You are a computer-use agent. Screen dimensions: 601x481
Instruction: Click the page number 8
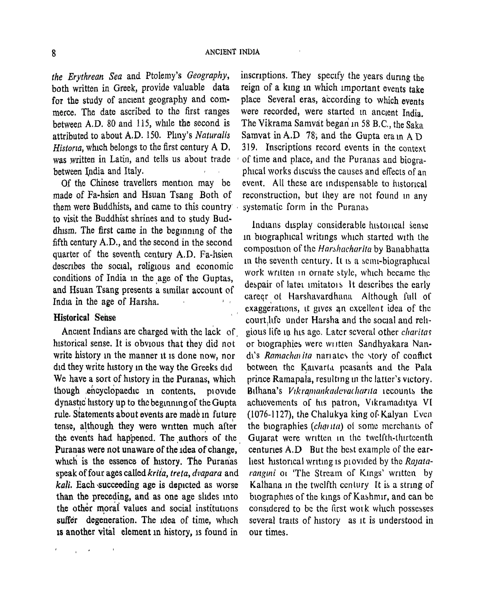pyautogui.click(x=54, y=53)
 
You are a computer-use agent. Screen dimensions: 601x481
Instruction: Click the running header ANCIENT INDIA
pyautogui.click(x=232, y=52)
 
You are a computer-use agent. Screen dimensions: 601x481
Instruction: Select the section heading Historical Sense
pyautogui.click(x=85, y=318)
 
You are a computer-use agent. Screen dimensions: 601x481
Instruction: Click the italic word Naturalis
pyautogui.click(x=213, y=135)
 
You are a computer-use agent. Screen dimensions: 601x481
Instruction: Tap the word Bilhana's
pyautogui.click(x=264, y=391)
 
